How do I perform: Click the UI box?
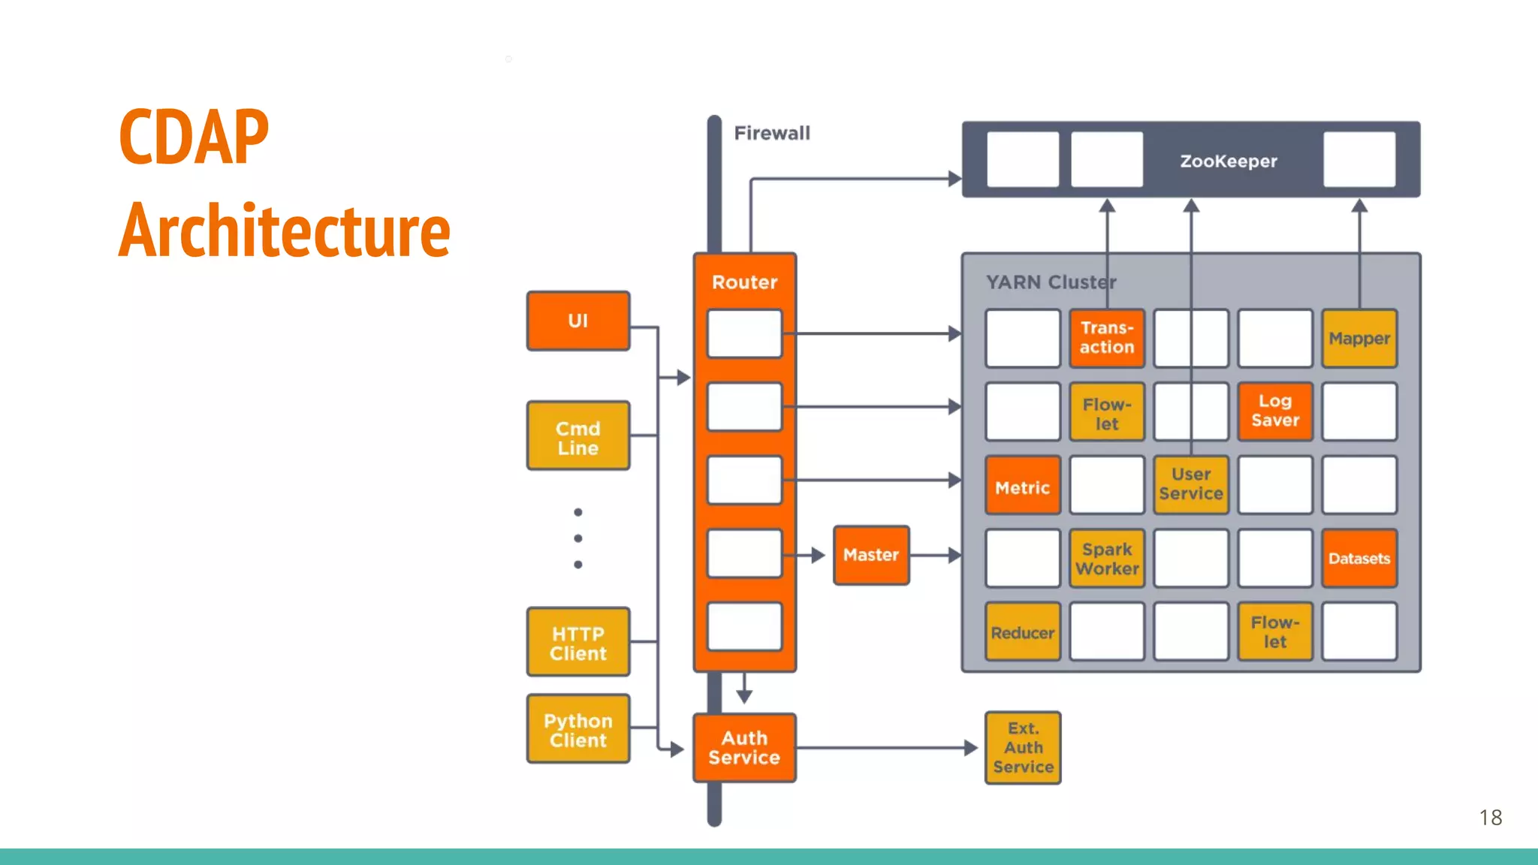tap(578, 321)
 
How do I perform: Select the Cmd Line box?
tap(578, 436)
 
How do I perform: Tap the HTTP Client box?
tap(578, 643)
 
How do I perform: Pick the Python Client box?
tap(578, 729)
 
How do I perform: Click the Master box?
tap(871, 555)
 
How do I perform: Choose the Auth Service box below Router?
tap(744, 748)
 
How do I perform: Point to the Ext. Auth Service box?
tap(1023, 748)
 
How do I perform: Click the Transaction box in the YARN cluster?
tap(1107, 338)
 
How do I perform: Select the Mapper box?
tap(1359, 338)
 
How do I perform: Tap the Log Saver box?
tap(1275, 411)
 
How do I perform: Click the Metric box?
tap(1022, 487)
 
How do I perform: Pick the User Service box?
tap(1191, 484)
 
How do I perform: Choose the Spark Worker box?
tap(1107, 559)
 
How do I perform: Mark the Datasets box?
tap(1359, 559)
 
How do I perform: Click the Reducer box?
tap(1022, 632)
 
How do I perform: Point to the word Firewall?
tap(772, 133)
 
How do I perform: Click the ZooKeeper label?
tap(1229, 161)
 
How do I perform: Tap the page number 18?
tap(1491, 818)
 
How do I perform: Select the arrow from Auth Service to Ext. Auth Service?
tap(886, 748)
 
